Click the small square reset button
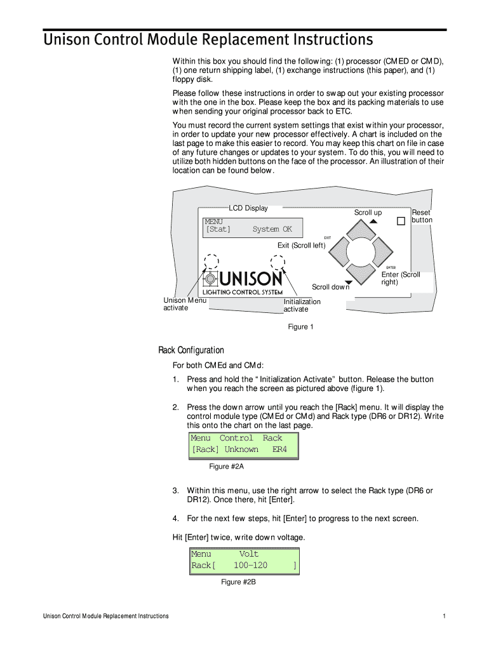(x=401, y=222)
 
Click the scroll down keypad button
(x=362, y=274)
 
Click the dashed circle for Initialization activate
(x=278, y=262)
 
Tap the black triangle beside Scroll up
(x=373, y=222)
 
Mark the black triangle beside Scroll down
(x=348, y=282)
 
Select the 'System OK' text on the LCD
(x=272, y=229)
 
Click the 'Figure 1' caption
(x=301, y=327)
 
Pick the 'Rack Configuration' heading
(x=191, y=350)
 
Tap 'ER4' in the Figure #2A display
(x=279, y=449)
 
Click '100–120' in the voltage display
(x=250, y=565)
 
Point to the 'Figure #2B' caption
(x=238, y=582)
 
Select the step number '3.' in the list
(x=176, y=491)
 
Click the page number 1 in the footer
(x=443, y=616)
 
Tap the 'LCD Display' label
(x=248, y=208)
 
